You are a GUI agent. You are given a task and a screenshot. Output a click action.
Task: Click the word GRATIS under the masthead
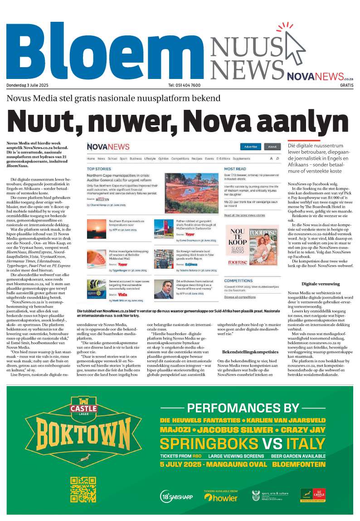click(346, 85)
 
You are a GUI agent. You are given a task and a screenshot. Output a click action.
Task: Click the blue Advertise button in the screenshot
click(250, 147)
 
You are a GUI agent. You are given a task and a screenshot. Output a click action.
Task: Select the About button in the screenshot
click(272, 147)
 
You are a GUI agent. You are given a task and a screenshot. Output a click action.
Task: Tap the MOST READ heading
click(235, 169)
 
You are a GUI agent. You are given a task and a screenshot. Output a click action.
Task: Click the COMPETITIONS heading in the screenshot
click(238, 280)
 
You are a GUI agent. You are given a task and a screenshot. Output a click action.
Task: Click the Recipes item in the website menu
click(196, 159)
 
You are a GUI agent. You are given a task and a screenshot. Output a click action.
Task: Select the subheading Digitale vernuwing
click(320, 284)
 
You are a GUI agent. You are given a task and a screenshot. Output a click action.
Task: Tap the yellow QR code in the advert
click(83, 490)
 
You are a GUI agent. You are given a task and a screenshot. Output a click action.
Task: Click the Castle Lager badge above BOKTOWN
click(83, 406)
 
